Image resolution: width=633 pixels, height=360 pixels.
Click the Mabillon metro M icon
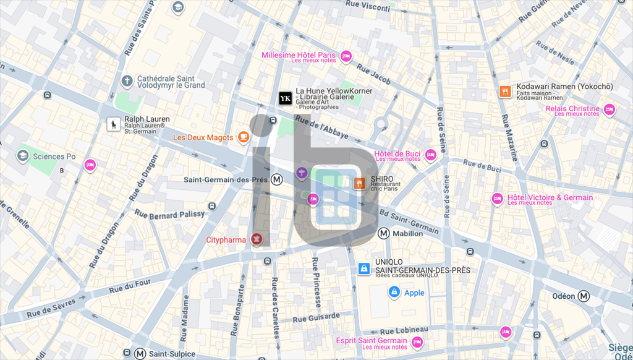384,233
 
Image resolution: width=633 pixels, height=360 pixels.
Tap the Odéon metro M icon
584,296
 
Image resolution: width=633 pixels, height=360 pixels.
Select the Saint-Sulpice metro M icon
140,354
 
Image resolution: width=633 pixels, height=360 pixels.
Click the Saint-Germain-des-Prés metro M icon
277,179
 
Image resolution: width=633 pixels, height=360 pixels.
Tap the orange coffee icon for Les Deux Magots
244,137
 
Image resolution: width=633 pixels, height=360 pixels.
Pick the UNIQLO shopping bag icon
364,268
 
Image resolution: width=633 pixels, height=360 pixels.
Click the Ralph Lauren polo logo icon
114,125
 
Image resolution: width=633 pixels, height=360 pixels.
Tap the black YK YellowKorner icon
285,98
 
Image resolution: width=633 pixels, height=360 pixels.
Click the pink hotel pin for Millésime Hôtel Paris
346,56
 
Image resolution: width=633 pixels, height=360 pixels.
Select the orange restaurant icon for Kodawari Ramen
505,92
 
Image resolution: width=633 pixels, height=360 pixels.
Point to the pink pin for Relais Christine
609,109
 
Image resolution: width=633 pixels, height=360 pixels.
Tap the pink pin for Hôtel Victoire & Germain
497,198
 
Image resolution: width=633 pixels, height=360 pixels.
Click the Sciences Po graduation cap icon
23,156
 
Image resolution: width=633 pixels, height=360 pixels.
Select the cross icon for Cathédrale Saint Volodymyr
127,81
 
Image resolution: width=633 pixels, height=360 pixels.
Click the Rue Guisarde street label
316,317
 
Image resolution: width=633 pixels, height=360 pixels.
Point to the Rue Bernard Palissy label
169,215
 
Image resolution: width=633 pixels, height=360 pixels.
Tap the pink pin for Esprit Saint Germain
417,341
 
